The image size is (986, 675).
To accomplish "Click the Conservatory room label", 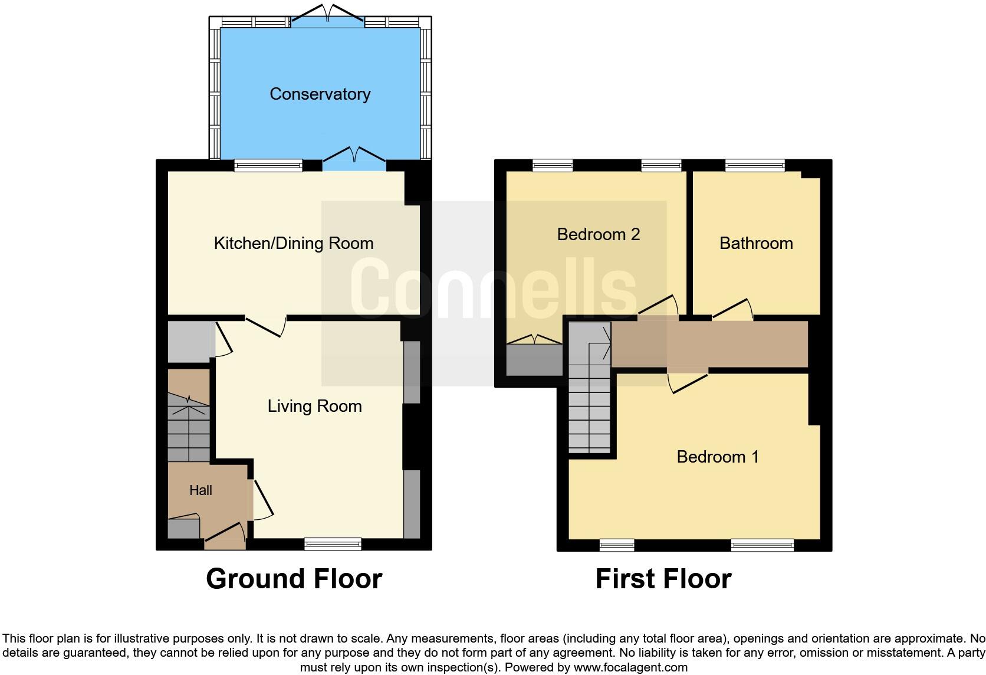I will (320, 94).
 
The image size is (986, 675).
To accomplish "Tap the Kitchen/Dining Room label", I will (293, 243).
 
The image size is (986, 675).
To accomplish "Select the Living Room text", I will (314, 406).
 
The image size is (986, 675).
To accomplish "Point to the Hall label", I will (201, 490).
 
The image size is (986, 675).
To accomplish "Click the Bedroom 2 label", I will (598, 234).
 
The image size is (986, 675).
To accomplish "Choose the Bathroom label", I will (755, 243).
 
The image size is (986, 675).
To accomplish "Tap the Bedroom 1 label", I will (717, 457).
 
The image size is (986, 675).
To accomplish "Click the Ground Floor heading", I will (294, 579).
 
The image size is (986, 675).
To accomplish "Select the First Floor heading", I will (663, 579).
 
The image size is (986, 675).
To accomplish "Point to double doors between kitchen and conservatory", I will (354, 159).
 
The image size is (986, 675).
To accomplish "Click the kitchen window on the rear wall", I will (268, 166).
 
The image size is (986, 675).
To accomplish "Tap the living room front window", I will (333, 544).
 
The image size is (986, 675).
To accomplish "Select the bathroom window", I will (755, 166).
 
